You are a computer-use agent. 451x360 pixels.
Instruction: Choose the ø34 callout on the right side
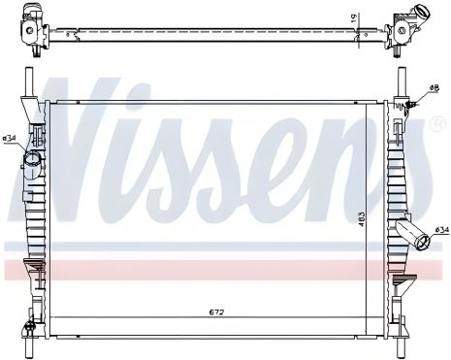tap(441, 230)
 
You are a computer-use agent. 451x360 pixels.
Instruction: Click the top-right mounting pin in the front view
tap(400, 82)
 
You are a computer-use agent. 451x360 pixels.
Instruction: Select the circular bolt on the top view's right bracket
tap(401, 35)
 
